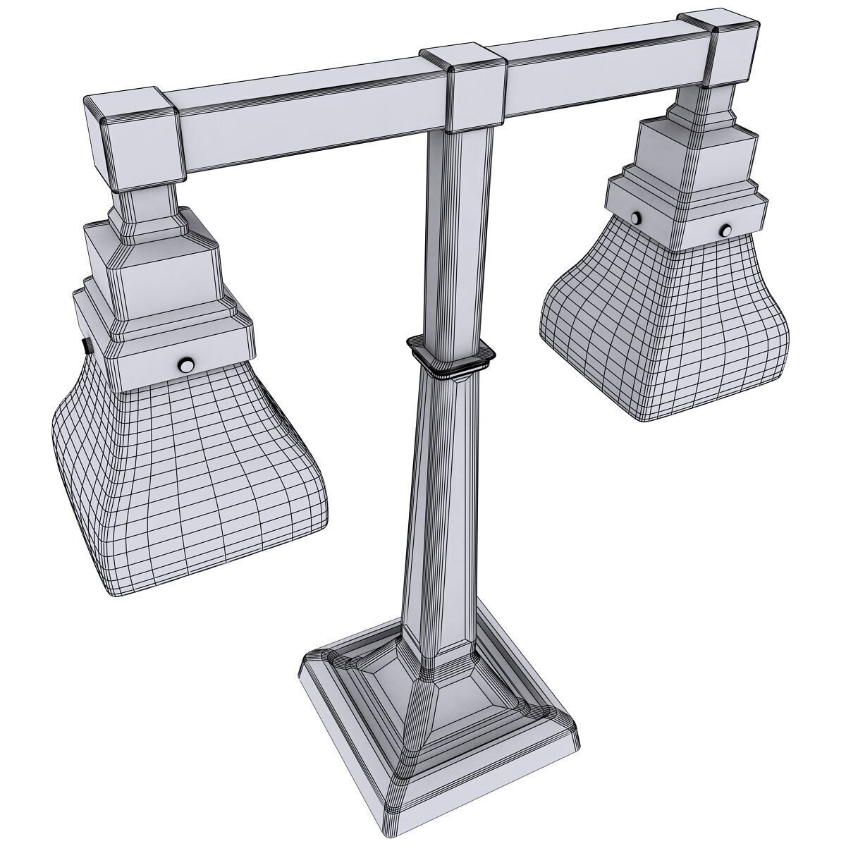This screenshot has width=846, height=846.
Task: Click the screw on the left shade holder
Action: [x=187, y=364]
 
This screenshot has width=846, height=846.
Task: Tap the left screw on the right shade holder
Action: [x=637, y=218]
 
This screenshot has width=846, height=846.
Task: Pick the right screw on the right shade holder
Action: [x=725, y=230]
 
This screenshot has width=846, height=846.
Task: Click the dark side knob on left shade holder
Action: [x=87, y=346]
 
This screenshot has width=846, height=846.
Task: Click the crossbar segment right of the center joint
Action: [x=606, y=70]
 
